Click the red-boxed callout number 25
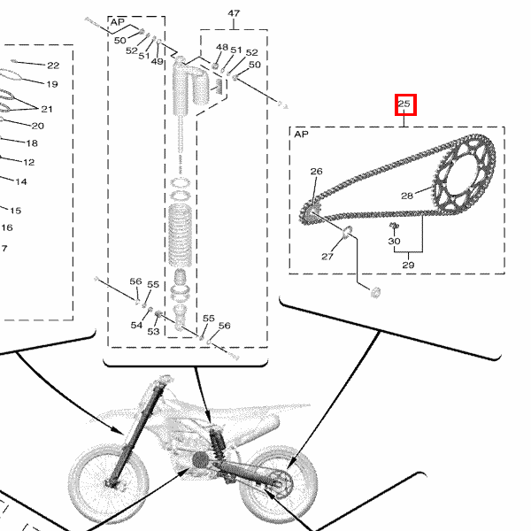click(404, 104)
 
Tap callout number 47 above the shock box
click(234, 13)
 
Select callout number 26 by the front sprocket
click(316, 172)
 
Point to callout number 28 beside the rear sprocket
click(407, 196)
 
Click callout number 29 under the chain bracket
click(408, 265)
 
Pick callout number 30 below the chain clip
click(394, 241)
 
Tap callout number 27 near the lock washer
click(327, 257)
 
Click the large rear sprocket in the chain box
click(464, 174)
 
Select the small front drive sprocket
click(310, 212)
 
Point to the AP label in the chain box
click(301, 135)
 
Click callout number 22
click(53, 65)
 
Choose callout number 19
click(52, 84)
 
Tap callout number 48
click(222, 47)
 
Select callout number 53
click(153, 331)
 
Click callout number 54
click(136, 325)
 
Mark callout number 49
click(158, 61)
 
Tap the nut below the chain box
click(375, 292)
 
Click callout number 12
click(29, 162)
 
